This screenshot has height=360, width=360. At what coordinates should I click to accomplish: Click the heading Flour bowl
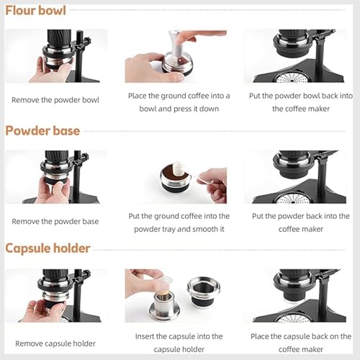click(36, 11)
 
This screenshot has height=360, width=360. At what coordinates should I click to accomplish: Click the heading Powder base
click(42, 131)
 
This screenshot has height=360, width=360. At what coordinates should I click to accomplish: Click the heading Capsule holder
click(48, 248)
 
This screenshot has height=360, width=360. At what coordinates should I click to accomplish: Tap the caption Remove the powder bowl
click(55, 100)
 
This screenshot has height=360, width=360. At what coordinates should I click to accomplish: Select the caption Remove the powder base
click(55, 221)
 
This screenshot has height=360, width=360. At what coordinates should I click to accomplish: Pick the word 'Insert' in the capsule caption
click(148, 336)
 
